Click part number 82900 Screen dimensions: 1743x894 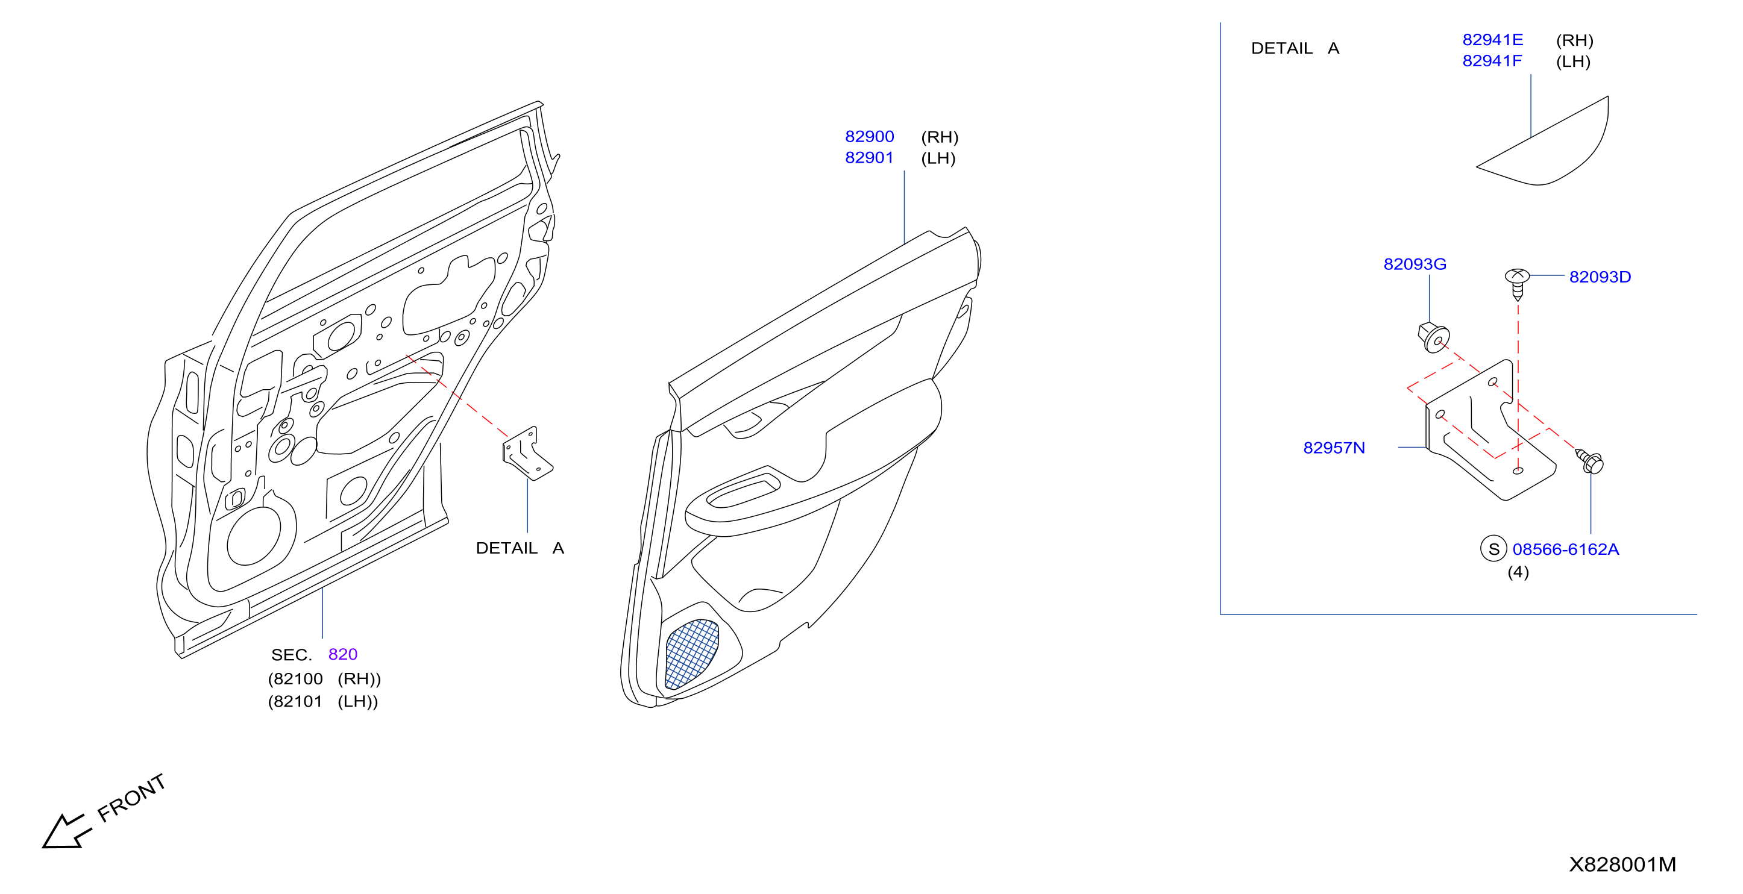(x=869, y=137)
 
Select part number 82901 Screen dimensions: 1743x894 (x=869, y=158)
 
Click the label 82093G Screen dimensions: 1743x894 (x=1415, y=264)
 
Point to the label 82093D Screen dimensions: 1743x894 (x=1600, y=277)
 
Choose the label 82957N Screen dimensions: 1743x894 (x=1334, y=448)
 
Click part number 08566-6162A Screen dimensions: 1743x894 (x=1566, y=549)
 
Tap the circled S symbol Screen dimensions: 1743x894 (x=1494, y=548)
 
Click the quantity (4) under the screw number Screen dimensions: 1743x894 (x=1518, y=572)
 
